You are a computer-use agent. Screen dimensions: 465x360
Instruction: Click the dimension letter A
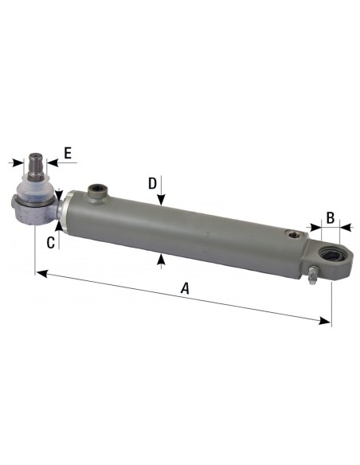[185, 289]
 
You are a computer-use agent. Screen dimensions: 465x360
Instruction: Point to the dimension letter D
[152, 183]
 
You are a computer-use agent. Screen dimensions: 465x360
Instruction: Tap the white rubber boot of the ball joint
[37, 191]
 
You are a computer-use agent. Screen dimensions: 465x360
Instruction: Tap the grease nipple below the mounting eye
[311, 278]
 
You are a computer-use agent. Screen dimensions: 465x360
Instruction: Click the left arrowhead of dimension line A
[39, 272]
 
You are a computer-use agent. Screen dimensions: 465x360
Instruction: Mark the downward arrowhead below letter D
[162, 202]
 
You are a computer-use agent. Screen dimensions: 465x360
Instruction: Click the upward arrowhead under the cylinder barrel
[162, 257]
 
